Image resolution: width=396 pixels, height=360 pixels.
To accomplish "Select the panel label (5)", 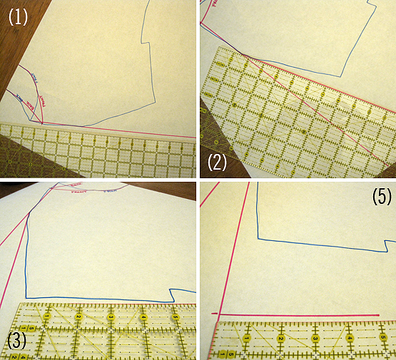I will pos(381,197).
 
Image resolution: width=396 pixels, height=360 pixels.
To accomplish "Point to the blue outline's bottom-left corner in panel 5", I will pos(257,239).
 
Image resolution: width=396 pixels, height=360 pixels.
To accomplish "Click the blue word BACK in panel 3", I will pos(111,190).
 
